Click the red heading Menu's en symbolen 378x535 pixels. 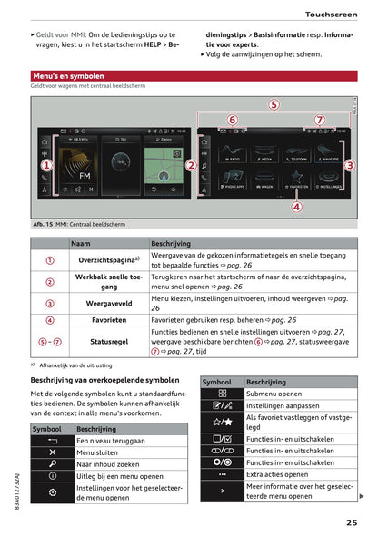pyautogui.click(x=68, y=77)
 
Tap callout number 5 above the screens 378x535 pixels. pyautogui.click(x=273, y=105)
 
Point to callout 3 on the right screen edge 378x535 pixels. pyautogui.click(x=349, y=165)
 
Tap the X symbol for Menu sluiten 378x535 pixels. pyautogui.click(x=53, y=452)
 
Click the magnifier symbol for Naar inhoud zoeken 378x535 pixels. pyautogui.click(x=53, y=463)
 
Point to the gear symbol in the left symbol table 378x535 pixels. pyautogui.click(x=53, y=491)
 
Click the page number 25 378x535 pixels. pyautogui.click(x=351, y=521)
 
